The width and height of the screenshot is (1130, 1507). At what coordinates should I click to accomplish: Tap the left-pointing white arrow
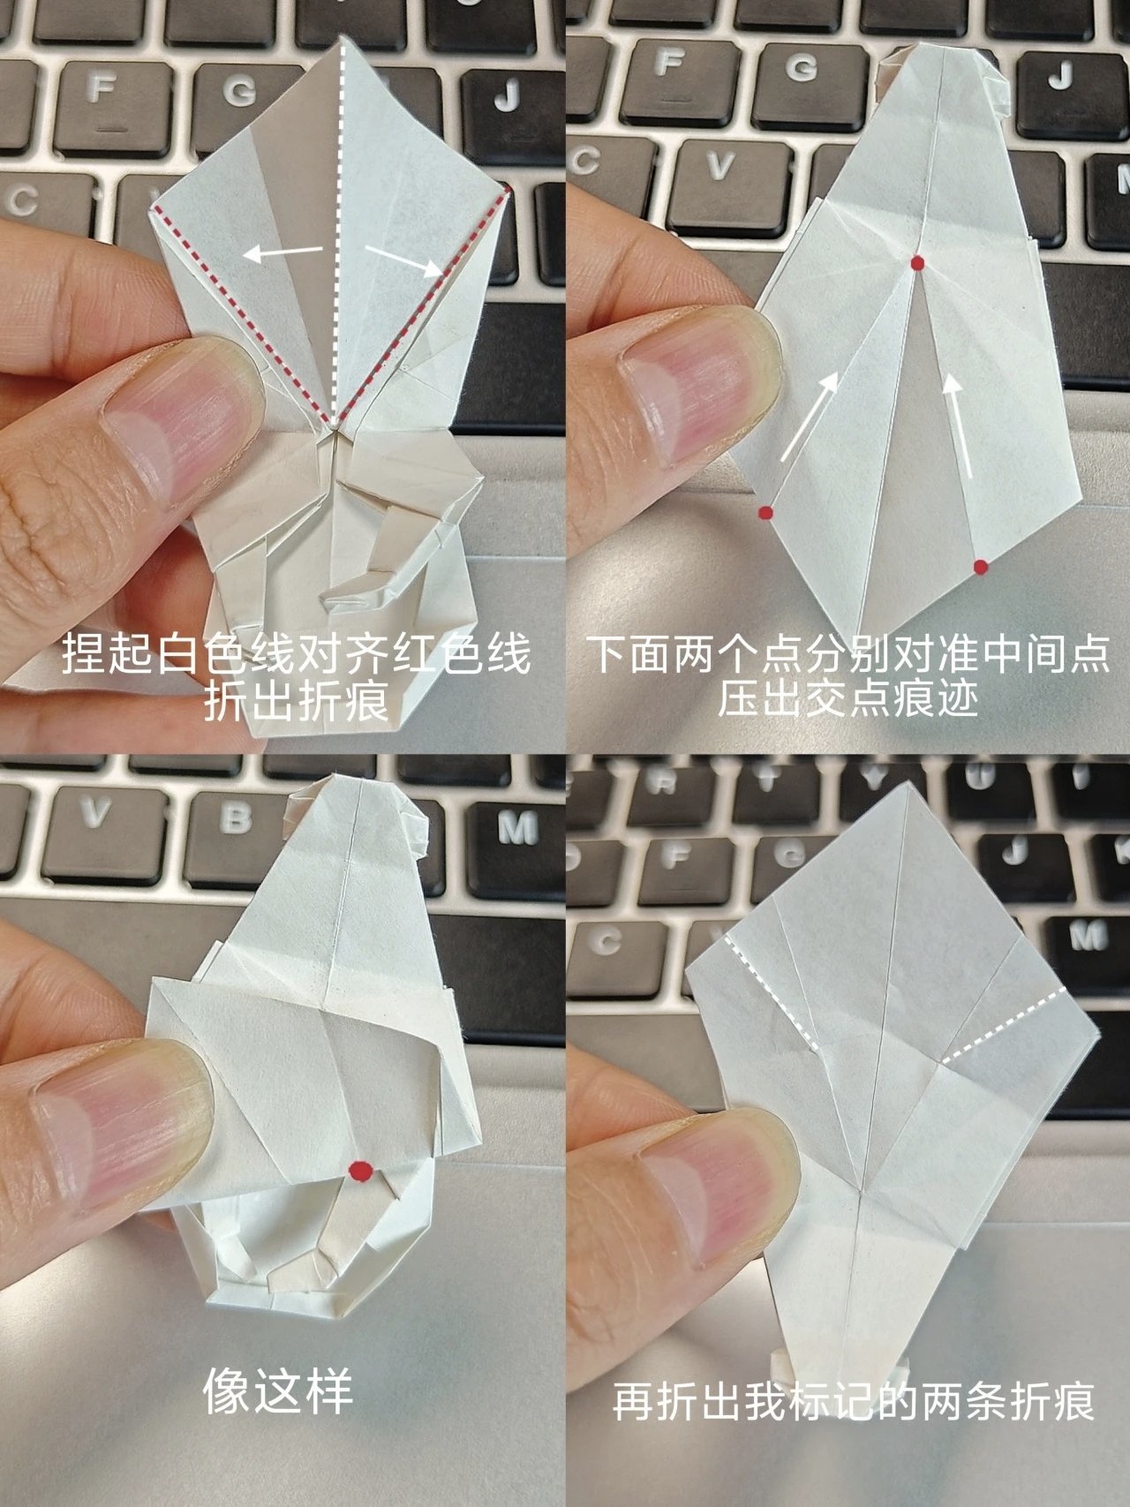(282, 253)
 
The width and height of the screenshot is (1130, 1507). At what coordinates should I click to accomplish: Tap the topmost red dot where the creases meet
(918, 262)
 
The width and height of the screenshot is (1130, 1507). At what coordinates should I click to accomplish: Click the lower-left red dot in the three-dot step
(766, 512)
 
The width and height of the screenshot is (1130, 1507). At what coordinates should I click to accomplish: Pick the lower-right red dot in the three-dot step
(980, 567)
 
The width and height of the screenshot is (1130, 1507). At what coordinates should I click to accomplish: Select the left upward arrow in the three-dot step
(809, 416)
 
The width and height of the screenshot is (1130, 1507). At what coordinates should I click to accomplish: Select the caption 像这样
(278, 1392)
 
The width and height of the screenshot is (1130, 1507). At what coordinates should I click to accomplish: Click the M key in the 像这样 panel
(516, 828)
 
